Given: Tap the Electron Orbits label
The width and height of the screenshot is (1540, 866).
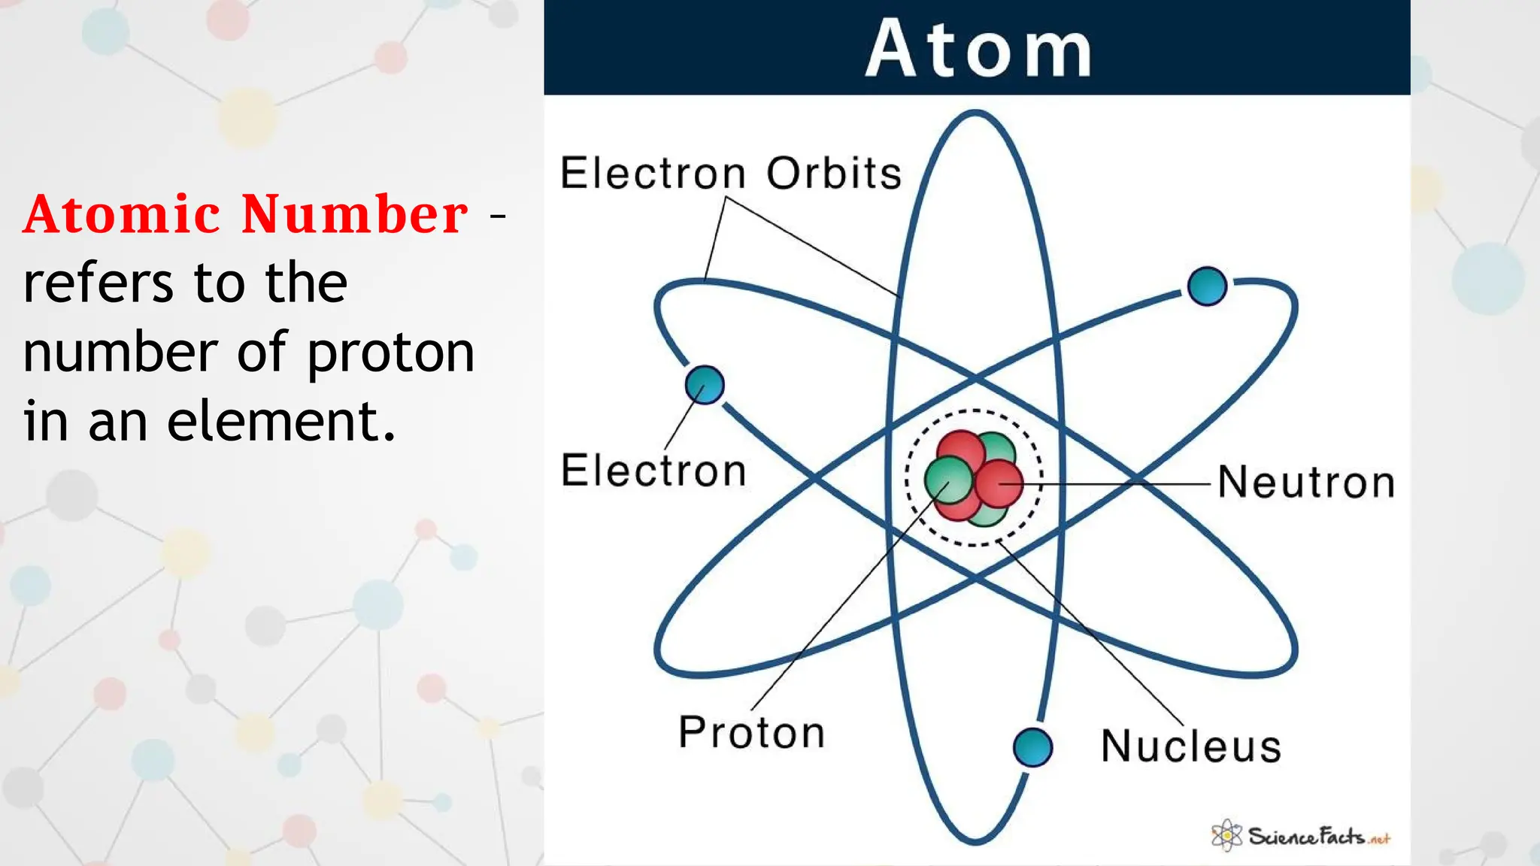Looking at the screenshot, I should point(730,174).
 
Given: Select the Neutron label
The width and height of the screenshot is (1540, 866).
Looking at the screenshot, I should point(1306,483).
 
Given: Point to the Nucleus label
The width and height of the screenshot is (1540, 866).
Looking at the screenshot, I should point(1191,746).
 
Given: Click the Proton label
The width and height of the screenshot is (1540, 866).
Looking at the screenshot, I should point(751,732).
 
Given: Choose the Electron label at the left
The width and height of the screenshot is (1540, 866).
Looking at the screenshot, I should point(653,471).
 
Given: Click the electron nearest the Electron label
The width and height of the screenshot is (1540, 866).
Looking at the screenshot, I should point(705,385).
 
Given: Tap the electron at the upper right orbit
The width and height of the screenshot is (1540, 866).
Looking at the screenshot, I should point(1207,286).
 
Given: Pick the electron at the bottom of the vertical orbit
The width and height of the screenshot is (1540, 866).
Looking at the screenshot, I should point(1032,747).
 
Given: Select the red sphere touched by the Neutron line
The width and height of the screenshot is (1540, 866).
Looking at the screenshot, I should point(999,483).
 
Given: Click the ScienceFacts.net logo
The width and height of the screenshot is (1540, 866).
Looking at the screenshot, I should point(1302,836).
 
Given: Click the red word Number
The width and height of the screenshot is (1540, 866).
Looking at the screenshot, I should point(355,215).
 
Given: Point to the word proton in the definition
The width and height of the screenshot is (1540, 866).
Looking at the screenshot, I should point(390,353).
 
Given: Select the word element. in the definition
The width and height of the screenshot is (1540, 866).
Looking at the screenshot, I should point(280,421).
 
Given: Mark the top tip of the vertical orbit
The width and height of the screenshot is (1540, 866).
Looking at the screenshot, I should point(975,114).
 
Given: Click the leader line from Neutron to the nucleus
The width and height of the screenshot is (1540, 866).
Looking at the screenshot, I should point(1128,484).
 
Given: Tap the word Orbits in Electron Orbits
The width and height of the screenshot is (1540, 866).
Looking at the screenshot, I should point(834,174).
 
